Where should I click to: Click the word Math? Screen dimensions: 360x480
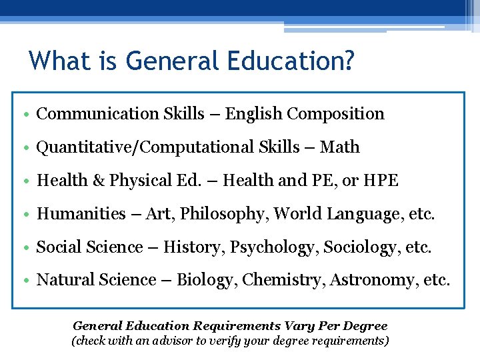tap(340, 147)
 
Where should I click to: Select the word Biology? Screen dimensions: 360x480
tap(207, 281)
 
